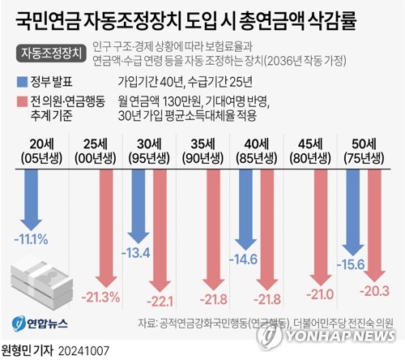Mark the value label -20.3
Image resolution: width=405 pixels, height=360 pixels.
373,289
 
